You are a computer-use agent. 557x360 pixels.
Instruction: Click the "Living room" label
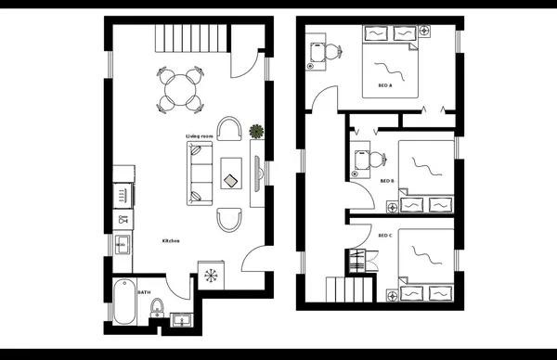tap(200, 136)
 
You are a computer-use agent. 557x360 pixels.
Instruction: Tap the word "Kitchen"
tap(171, 241)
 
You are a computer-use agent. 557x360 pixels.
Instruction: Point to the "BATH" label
tap(144, 292)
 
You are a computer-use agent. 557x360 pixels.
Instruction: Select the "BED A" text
tap(385, 85)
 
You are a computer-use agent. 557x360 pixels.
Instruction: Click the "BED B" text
tap(388, 181)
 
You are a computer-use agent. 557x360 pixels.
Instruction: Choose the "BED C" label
tap(385, 236)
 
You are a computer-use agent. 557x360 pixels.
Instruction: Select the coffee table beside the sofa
tap(231, 172)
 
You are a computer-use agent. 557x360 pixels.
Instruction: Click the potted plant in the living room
tap(256, 132)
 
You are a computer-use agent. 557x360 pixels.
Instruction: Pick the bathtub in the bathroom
tap(123, 303)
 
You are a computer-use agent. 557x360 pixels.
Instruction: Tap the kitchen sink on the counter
tap(122, 245)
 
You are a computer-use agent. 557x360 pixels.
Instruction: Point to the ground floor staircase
tap(179, 40)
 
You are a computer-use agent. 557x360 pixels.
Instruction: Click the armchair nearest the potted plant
tap(229, 129)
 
